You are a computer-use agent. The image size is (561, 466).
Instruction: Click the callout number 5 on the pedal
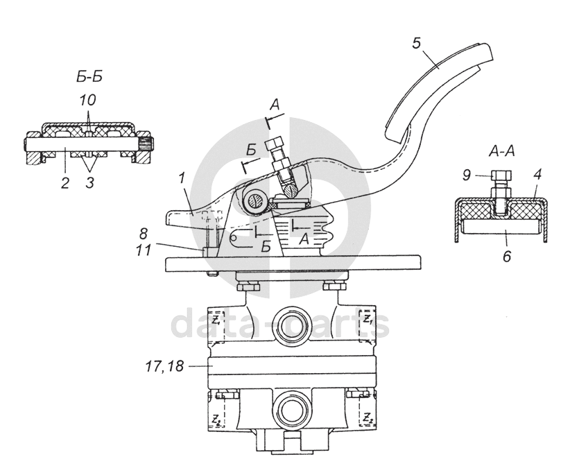pos(416,43)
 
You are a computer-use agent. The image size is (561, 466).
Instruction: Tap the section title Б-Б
pos(89,76)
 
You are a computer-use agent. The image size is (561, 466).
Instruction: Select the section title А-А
pos(501,151)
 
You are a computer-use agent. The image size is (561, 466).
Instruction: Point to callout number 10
pos(87,101)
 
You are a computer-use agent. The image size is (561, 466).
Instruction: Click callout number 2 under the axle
pos(64,183)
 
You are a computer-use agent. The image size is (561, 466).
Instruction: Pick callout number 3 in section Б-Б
pos(90,182)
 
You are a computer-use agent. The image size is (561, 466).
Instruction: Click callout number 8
pos(143,234)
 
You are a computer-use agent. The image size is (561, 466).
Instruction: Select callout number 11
pos(144,250)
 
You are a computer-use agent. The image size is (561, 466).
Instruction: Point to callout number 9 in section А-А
pos(466,175)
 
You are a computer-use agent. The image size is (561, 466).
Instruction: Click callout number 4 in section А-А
pos(537,174)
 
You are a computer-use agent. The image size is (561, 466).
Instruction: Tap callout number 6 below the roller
pos(507,257)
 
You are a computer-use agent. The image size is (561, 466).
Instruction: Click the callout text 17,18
pos(164,366)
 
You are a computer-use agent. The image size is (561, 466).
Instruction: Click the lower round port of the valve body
pos(291,409)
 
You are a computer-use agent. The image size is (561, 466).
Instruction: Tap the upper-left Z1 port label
pos(216,320)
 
